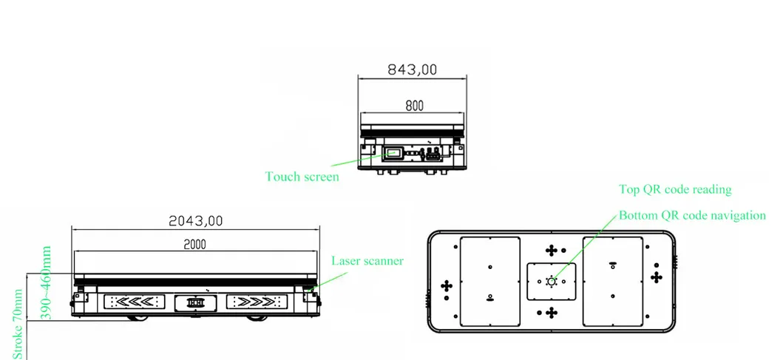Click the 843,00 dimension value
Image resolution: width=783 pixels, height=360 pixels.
[x=413, y=69]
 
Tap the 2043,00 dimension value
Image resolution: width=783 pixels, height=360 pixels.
[x=196, y=220]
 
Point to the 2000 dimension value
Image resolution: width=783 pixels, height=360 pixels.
[x=194, y=244]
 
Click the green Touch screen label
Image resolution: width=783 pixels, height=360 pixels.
[x=302, y=177]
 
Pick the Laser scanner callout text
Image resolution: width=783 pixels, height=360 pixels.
[x=367, y=261]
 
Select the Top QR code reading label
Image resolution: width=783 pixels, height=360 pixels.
[x=674, y=189]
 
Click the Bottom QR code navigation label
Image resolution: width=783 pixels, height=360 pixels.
[x=692, y=216]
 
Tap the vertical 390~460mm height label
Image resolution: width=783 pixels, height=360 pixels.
[x=46, y=283]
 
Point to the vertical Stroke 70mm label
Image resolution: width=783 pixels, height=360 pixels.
[x=18, y=324]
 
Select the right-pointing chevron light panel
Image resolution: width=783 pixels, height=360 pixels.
[x=255, y=302]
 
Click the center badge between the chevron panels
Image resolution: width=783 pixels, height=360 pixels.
[x=195, y=302]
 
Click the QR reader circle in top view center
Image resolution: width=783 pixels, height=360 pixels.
[x=551, y=281]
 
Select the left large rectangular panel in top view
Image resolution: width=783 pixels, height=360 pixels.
[x=489, y=282]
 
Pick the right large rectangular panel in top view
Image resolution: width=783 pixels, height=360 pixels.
[x=612, y=282]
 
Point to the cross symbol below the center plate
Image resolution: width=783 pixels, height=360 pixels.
[x=551, y=312]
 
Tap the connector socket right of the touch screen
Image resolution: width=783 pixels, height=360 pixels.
[x=432, y=154]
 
